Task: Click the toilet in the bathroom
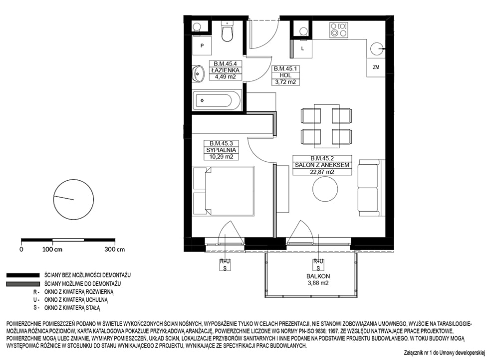point(227,30)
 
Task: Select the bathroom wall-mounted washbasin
point(198,73)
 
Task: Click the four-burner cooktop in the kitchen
point(339,30)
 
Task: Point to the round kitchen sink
point(377,48)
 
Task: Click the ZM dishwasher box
point(376,67)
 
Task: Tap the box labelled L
point(302,48)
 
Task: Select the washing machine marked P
point(202,46)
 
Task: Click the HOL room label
point(285,75)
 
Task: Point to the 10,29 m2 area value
point(221,157)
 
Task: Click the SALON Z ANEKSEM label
point(322,165)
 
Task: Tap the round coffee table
point(325,189)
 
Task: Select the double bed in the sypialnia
point(224,191)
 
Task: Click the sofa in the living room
point(370,188)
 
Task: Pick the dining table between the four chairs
point(326,126)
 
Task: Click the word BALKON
point(318,276)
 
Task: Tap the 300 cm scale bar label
point(115,250)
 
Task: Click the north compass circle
point(74,199)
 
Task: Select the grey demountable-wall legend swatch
point(23,284)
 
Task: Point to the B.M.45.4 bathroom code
point(225,64)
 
